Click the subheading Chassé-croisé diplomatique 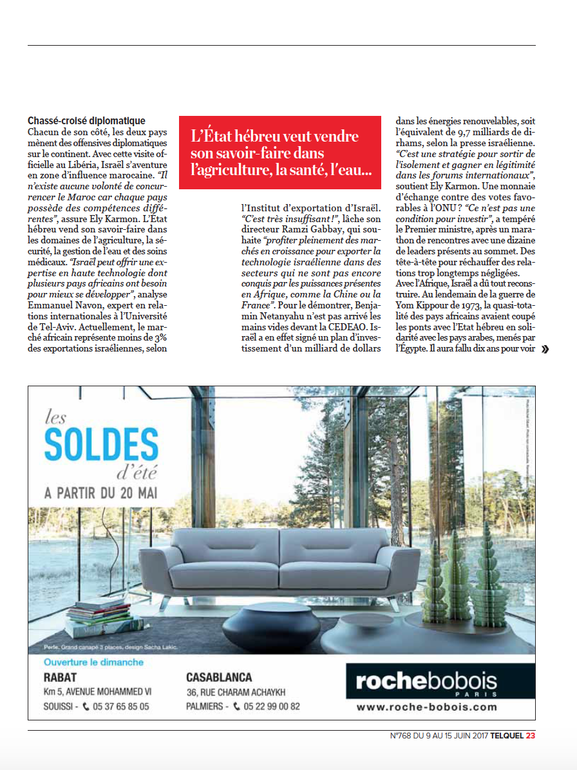[86, 121]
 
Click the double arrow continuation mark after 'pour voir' [545, 350]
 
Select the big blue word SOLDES [102, 444]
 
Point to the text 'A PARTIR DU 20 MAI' [101, 494]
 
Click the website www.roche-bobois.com [426, 707]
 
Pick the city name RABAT [60, 677]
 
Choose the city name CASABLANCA [219, 677]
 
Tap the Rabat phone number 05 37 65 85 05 [120, 706]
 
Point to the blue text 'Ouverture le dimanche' [93, 662]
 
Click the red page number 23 [531, 736]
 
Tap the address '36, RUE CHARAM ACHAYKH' [236, 692]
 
